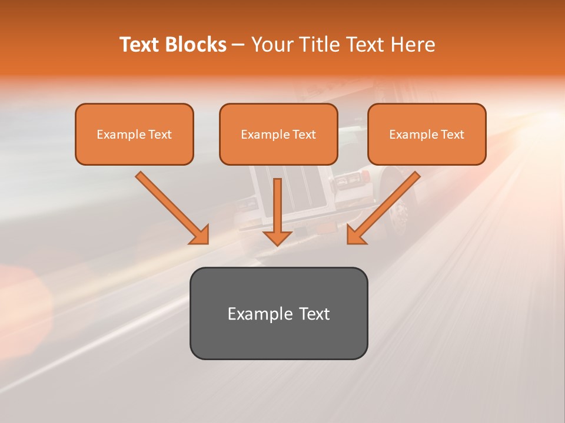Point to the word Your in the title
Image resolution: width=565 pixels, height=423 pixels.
pos(272,45)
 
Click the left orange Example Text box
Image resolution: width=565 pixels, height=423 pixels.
pos(134,134)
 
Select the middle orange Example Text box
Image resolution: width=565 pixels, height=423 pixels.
pos(278,134)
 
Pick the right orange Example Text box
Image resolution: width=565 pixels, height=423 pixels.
pos(427,134)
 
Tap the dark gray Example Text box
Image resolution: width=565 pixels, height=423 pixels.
pos(278,313)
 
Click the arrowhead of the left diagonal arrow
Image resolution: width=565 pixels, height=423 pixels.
pos(200,235)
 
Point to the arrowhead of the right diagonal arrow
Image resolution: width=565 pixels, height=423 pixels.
pos(355,235)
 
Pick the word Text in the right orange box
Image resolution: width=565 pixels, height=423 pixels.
pos(452,135)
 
